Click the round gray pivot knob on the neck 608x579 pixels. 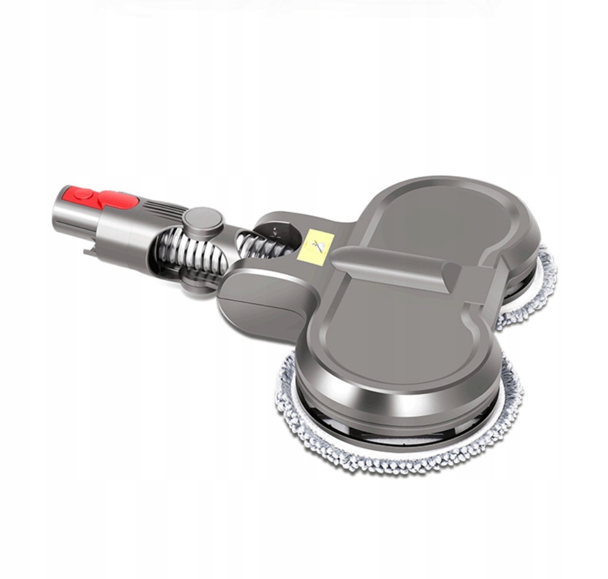click(203, 218)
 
